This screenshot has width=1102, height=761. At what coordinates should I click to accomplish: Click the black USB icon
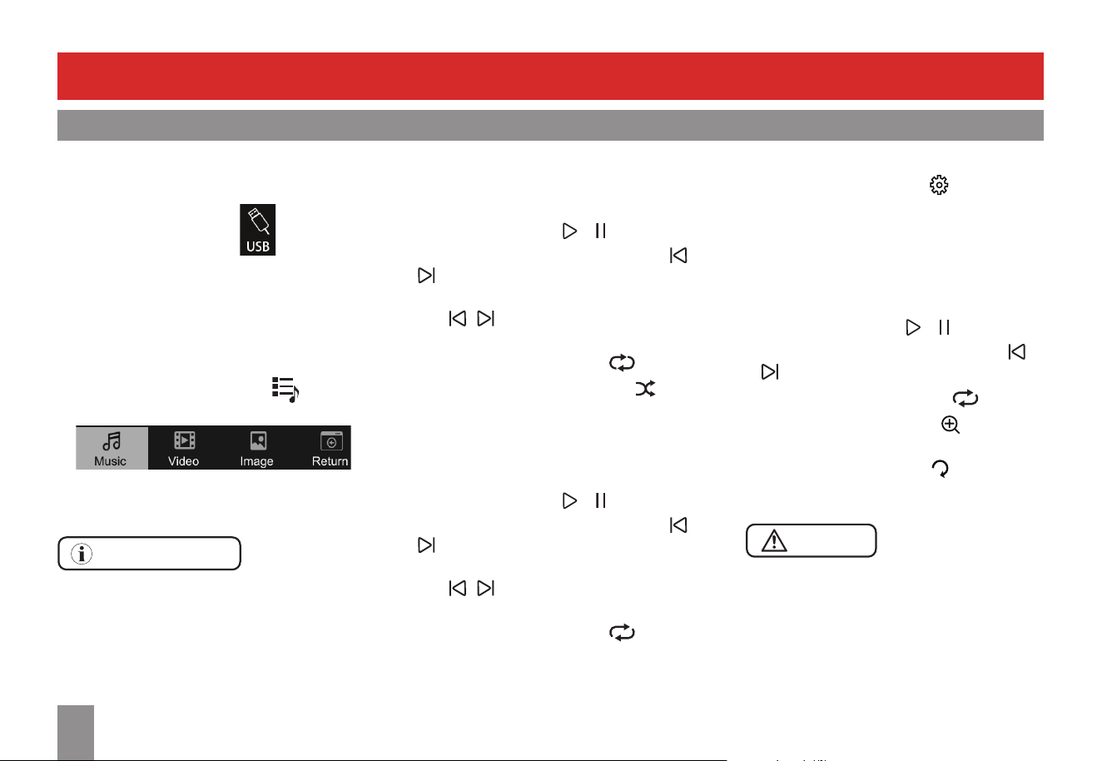[257, 230]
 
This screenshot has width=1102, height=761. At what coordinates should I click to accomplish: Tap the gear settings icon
[939, 185]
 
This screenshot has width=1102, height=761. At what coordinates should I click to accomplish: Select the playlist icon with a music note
[285, 390]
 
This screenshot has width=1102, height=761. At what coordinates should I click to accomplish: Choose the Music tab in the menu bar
[112, 447]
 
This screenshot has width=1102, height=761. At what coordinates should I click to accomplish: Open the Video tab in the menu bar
[183, 447]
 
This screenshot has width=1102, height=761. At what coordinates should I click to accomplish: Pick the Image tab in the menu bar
[256, 447]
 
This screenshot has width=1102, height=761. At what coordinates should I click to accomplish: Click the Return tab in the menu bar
[330, 447]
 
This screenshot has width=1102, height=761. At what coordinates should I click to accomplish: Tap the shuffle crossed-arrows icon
[645, 389]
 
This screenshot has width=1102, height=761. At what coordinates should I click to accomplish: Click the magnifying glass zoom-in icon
[950, 425]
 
